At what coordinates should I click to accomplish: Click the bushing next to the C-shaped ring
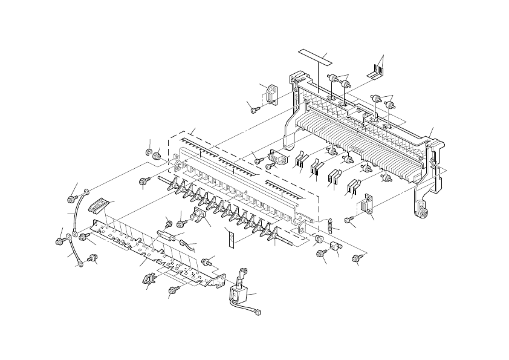(158, 156)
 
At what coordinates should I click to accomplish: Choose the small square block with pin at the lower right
(333, 247)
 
